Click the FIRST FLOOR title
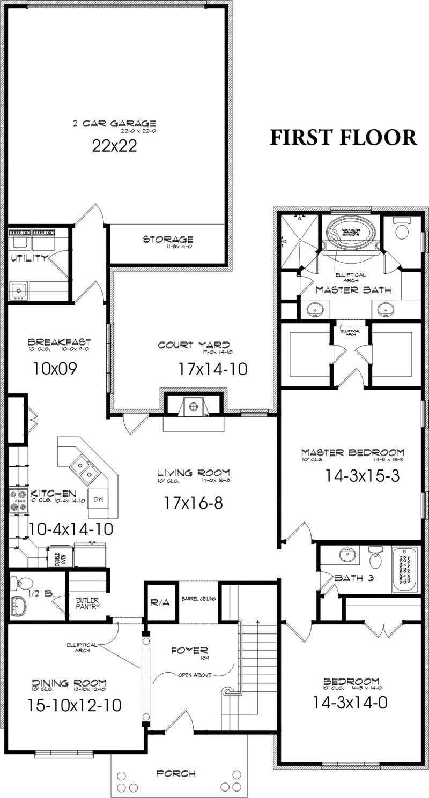[x=343, y=137]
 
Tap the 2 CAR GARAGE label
[x=114, y=124]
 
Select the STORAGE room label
[x=168, y=239]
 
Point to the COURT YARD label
[x=194, y=345]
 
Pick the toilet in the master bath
[x=402, y=230]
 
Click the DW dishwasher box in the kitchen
[x=98, y=499]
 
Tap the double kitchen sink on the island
[x=85, y=468]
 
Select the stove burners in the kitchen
[x=18, y=501]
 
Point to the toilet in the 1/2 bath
[x=24, y=583]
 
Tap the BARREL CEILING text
[x=198, y=598]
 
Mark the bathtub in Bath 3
[x=406, y=569]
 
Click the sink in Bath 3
[x=349, y=554]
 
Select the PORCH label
[x=176, y=773]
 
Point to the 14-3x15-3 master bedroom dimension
[x=362, y=475]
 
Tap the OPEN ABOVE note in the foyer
[x=193, y=675]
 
